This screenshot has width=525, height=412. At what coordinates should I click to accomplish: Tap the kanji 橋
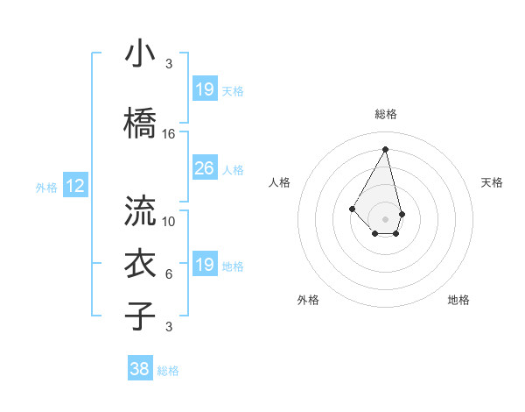[141, 124]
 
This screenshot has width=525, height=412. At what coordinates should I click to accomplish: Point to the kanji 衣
[141, 264]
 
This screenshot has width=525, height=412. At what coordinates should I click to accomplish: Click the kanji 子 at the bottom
[141, 316]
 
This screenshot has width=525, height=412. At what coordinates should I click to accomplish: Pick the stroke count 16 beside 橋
[169, 134]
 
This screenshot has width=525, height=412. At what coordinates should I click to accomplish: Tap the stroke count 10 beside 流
[169, 222]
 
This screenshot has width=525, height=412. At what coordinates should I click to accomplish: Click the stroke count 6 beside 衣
[169, 274]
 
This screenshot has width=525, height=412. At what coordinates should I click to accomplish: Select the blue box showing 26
[204, 167]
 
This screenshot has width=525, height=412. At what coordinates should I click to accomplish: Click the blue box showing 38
[140, 369]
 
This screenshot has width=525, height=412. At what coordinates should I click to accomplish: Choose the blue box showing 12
[74, 185]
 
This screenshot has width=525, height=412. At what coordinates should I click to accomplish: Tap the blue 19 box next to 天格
[204, 89]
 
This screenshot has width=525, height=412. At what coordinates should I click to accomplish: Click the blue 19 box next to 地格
[204, 264]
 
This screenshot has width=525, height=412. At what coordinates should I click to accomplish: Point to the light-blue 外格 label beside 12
[45, 187]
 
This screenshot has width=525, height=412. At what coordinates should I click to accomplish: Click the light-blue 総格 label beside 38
[168, 371]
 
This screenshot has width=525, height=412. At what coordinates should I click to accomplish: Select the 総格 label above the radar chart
[386, 114]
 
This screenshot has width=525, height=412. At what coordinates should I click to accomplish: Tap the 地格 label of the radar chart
[458, 300]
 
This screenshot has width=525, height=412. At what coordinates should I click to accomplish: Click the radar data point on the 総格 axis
[386, 149]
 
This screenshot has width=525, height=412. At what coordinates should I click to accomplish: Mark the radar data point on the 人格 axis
[352, 208]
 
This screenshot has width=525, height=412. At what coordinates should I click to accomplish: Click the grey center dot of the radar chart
[386, 218]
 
